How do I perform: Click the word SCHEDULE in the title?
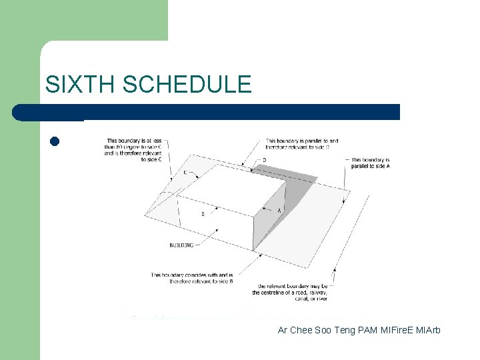coord(187,85)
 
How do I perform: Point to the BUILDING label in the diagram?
coord(181,245)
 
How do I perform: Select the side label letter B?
coord(203,214)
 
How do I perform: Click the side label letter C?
coord(185,173)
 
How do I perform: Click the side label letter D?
coord(265,160)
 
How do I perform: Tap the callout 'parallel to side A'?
coord(370,163)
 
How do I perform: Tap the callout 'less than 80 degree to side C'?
coord(133,150)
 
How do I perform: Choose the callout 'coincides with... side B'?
coord(191,278)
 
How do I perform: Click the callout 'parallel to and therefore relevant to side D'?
coord(301,144)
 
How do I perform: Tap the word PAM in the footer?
coord(367,330)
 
